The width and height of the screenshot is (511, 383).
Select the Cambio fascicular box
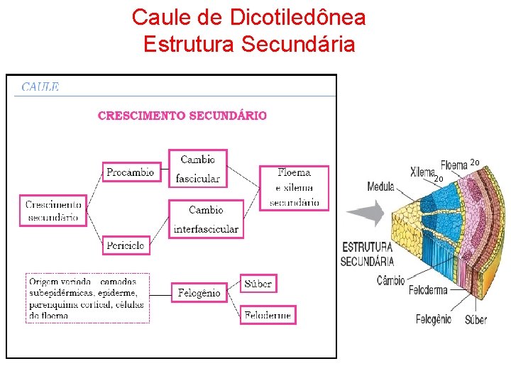click(198, 168)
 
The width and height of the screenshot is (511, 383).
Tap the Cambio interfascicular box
click(206, 219)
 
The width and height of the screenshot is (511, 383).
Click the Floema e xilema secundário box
click(294, 187)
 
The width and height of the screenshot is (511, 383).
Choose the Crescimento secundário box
click(53, 211)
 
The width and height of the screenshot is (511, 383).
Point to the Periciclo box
click(126, 245)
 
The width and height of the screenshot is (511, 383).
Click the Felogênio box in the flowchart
click(199, 292)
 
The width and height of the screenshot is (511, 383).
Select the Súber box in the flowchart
click(258, 283)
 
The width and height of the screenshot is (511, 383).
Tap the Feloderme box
click(268, 315)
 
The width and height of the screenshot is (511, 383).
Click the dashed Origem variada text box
click(87, 298)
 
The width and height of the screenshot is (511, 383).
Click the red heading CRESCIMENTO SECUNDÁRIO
click(182, 116)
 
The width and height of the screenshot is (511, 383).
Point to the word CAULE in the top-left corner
click(40, 87)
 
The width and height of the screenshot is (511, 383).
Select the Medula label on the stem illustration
click(380, 187)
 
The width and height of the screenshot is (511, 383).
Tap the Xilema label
click(423, 172)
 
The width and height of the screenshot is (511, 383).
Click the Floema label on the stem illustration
click(454, 166)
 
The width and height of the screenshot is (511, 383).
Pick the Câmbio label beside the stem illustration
click(390, 280)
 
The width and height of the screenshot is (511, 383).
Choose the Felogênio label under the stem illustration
click(433, 319)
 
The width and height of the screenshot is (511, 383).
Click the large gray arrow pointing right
click(365, 213)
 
